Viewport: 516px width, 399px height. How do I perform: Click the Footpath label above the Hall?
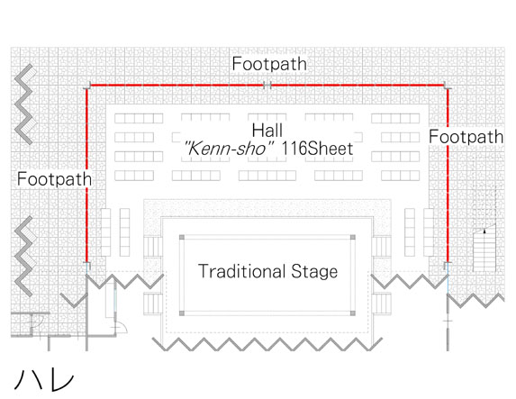pos(269,64)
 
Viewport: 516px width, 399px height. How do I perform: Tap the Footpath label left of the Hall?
pos(54,179)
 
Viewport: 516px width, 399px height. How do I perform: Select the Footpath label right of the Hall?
pos(466,137)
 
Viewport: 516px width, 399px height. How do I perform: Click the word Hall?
pos(267,131)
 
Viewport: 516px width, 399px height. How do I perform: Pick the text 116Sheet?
pos(317,149)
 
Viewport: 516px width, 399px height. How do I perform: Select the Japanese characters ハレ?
pos(44,379)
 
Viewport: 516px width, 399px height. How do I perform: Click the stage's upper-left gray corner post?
pos(182,238)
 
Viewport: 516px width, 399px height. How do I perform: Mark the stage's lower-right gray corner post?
pos(353,313)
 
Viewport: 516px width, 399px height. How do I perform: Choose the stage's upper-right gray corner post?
pos(353,238)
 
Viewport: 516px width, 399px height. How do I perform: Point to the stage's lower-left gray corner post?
pos(182,313)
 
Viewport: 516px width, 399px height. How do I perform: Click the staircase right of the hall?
pos(484,248)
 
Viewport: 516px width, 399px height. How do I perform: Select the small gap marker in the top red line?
pos(267,86)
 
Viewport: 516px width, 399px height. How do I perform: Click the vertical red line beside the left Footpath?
pos(86,175)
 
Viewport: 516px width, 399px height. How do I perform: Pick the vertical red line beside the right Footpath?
pos(448,175)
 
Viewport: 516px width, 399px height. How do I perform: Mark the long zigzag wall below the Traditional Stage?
pos(267,344)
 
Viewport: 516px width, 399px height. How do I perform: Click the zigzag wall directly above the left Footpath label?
pos(23,104)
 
